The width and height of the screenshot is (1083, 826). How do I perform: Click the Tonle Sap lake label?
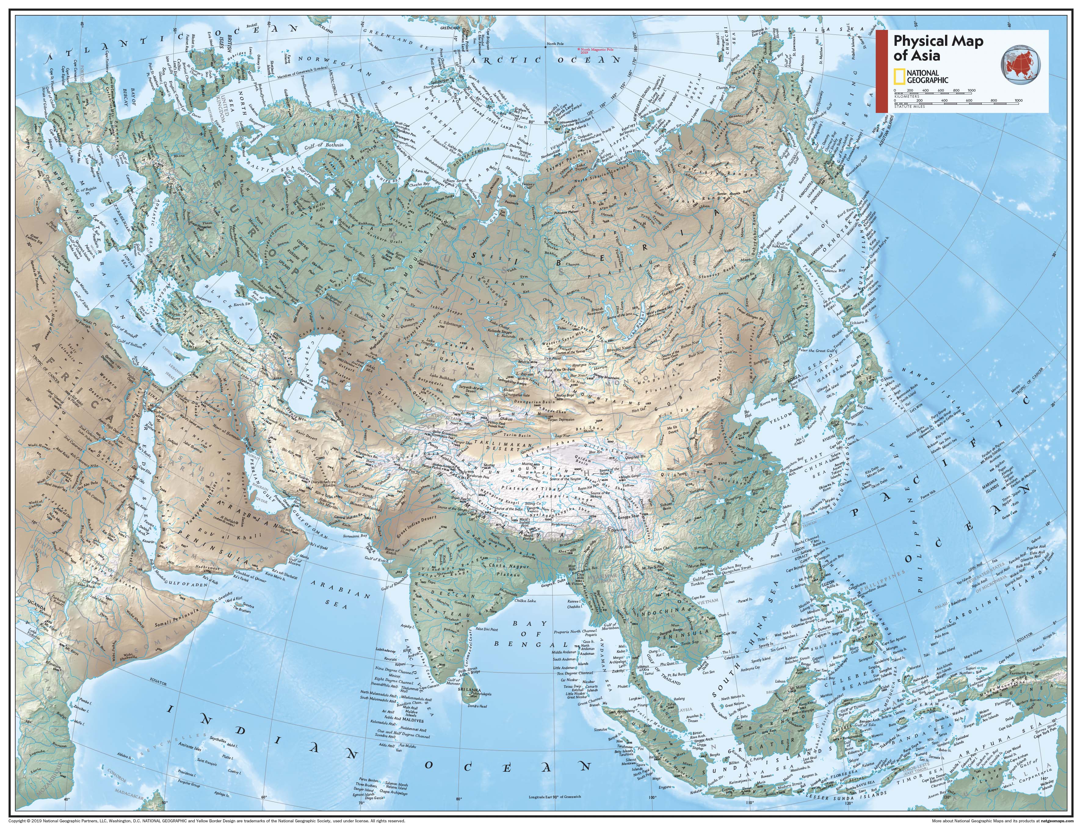693,642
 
